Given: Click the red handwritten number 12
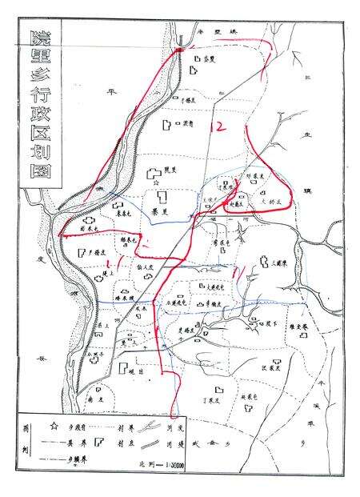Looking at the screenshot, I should [x=215, y=126].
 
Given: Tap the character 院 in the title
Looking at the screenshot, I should [x=36, y=37].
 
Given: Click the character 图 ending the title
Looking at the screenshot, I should [x=36, y=177].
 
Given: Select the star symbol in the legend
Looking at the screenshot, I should [x=54, y=425].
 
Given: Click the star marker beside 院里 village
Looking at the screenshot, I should [x=154, y=173].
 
